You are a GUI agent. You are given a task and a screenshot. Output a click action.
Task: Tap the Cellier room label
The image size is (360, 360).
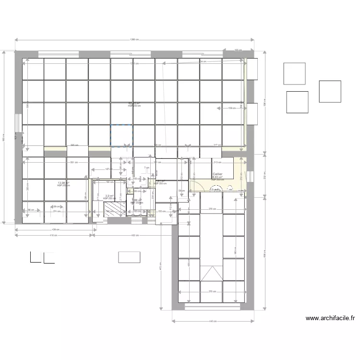[217, 174]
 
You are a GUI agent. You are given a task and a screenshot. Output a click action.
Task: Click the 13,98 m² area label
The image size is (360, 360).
[63, 183]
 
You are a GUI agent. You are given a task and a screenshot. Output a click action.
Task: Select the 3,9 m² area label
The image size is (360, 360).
[109, 196]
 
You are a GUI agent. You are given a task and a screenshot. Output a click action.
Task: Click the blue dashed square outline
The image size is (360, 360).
[121, 135]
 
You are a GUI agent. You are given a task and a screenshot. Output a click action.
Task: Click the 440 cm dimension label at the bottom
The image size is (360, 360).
[213, 322]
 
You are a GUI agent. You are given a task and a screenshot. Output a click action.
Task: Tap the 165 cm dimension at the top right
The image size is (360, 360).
[237, 50]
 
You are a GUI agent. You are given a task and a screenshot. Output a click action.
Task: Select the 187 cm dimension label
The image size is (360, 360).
[108, 169]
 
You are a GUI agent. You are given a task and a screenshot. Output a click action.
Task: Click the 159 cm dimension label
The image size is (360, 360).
[232, 108]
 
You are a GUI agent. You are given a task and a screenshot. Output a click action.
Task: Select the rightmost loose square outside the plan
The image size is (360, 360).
[330, 91]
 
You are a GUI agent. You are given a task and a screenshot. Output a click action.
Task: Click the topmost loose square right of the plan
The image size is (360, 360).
[294, 73]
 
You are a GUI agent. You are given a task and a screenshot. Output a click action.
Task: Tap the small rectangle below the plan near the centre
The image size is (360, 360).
[129, 257]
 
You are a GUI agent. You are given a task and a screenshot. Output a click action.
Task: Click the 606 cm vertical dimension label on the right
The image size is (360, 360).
[264, 255]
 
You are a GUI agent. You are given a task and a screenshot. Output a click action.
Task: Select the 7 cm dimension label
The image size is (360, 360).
[146, 168]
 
